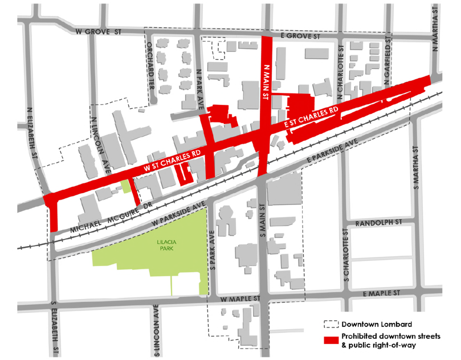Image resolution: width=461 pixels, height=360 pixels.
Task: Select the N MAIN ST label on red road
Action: coord(265,81)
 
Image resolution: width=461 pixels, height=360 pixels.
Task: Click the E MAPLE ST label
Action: coord(382,293)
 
